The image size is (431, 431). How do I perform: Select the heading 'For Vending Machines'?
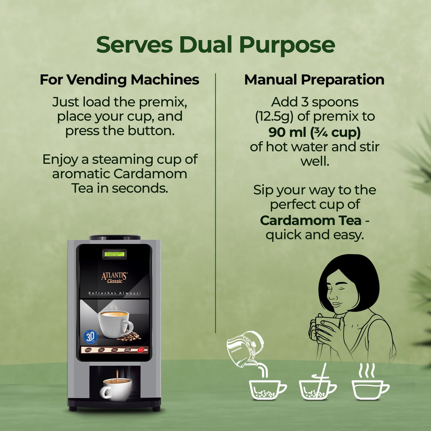pos(119,80)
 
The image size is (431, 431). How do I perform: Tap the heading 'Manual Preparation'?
pos(314,80)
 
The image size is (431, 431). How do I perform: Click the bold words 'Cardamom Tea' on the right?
pos(310,220)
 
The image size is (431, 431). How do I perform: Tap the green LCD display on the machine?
pos(114,253)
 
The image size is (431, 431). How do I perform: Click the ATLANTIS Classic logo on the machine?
pos(114,277)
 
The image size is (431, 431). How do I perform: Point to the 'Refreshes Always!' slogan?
pos(114,293)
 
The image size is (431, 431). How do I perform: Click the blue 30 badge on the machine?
pos(90,337)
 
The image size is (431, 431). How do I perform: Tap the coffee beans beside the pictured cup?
pos(129,337)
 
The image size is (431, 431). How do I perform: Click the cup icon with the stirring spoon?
pos(317,387)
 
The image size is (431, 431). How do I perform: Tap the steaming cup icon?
pos(370,385)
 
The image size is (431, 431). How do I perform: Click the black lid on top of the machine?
pos(115,238)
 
